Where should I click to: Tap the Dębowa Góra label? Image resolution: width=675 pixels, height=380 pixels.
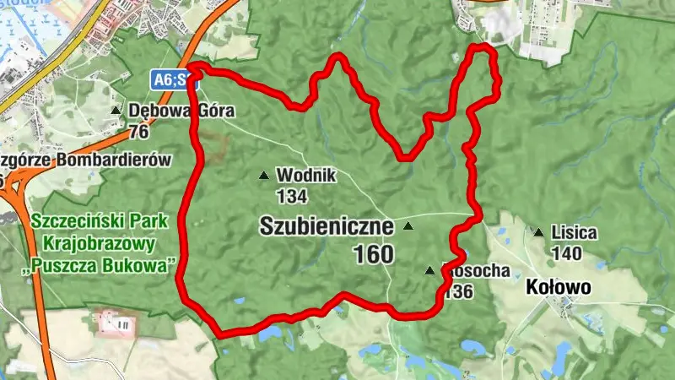point(181,110)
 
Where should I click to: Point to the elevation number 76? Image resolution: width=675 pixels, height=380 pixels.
point(139,132)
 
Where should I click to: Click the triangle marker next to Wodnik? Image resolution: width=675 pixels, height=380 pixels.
point(263,176)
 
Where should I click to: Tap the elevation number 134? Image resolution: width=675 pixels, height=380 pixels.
point(291,197)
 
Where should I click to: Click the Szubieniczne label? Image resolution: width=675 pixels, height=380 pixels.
point(327,226)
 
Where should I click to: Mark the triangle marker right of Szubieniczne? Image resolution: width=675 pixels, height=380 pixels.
point(409,226)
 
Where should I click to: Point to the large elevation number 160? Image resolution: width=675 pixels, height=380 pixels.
point(374,254)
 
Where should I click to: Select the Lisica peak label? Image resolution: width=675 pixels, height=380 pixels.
point(574,231)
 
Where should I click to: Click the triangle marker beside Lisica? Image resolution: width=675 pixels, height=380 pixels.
point(538,232)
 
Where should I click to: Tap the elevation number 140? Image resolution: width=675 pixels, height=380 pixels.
point(566,252)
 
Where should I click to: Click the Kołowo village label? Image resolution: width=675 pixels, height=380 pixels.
point(558,288)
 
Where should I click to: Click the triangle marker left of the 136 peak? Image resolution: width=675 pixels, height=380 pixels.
point(430,271)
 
